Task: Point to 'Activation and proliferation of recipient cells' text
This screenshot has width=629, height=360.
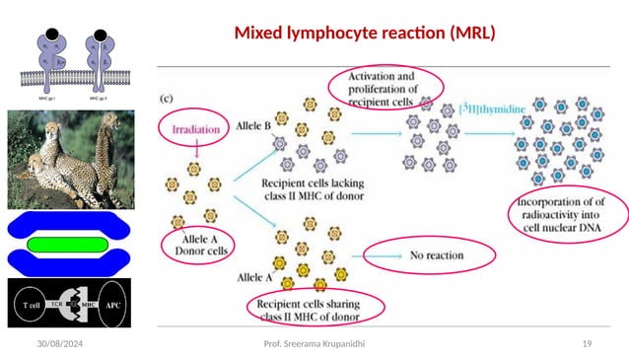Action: [391, 84]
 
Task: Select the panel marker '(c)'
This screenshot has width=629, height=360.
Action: [170, 98]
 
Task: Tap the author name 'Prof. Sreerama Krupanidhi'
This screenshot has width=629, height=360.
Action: [314, 342]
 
